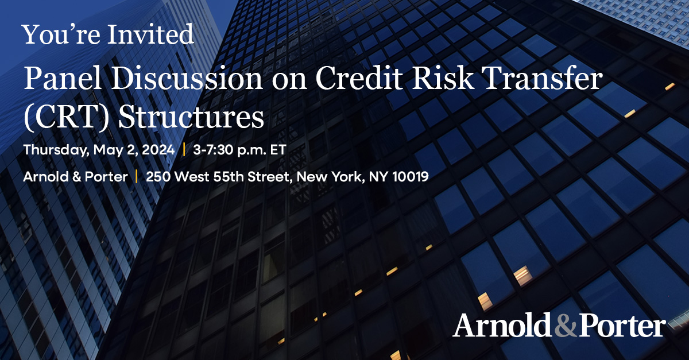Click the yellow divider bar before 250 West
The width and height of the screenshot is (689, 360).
point(137,177)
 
